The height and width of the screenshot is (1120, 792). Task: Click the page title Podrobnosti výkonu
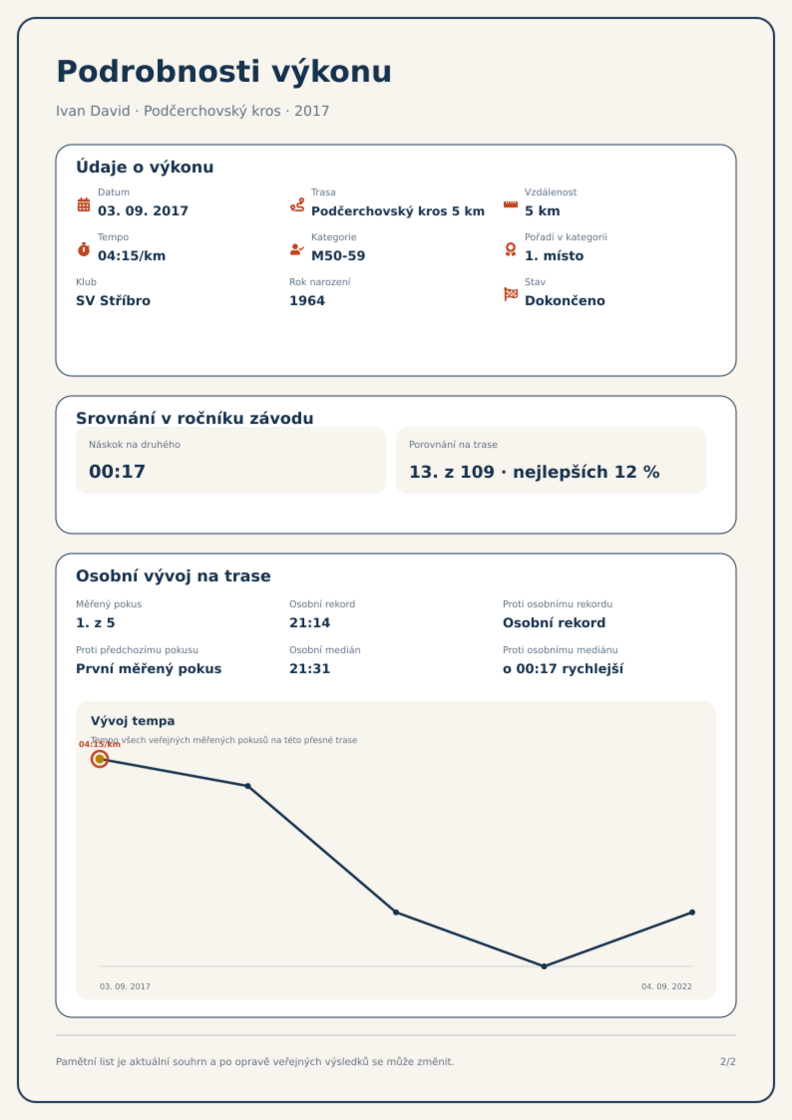(224, 72)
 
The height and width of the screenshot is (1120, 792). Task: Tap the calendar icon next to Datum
(84, 204)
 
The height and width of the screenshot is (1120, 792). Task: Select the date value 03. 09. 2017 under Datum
(143, 211)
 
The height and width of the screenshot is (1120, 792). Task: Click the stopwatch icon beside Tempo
(84, 249)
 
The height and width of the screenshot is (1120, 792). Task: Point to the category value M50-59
(338, 256)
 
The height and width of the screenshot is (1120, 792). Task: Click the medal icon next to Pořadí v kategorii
(510, 249)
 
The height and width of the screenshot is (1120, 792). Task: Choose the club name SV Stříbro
(113, 301)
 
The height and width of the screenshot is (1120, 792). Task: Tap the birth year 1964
(307, 301)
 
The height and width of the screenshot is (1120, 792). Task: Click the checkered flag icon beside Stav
(511, 294)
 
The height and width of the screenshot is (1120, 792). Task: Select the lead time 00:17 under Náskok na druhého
(117, 472)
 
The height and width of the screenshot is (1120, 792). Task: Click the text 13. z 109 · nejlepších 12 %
(534, 472)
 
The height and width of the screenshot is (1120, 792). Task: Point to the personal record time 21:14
(310, 623)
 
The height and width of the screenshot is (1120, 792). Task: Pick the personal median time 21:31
(310, 669)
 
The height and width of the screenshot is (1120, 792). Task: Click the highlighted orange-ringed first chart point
(100, 759)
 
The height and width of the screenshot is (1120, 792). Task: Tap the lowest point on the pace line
(544, 966)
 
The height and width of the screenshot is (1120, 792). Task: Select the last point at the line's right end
(692, 913)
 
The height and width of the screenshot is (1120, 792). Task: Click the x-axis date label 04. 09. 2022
(667, 986)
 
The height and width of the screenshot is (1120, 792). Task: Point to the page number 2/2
(728, 1062)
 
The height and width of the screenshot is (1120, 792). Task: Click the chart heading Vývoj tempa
(133, 721)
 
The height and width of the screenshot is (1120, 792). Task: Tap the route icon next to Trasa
(297, 204)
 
